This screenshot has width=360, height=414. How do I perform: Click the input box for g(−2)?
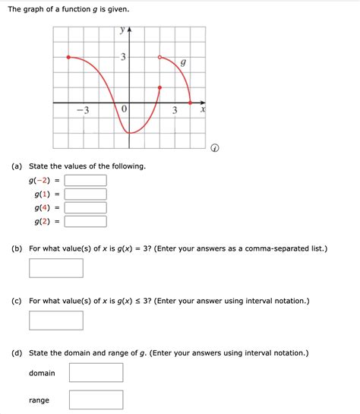[85, 180]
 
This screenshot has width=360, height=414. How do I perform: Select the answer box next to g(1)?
[85, 194]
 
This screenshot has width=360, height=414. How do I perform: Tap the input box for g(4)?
[85, 207]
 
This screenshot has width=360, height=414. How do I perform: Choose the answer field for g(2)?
[85, 221]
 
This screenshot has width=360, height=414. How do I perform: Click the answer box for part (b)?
[56, 268]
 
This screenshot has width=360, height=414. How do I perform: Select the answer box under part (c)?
[56, 320]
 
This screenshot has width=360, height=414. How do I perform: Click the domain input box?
[96, 372]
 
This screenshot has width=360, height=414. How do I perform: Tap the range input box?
[96, 400]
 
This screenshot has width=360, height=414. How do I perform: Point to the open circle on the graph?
[159, 57]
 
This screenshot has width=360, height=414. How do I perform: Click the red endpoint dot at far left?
[68, 57]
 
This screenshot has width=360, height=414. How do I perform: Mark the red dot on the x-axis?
[189, 103]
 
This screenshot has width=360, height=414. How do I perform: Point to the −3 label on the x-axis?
[82, 111]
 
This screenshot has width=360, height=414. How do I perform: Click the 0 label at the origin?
[123, 111]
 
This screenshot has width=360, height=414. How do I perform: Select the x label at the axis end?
[203, 111]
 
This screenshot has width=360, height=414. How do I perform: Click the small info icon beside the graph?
[215, 148]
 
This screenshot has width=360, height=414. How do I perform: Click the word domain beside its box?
[42, 373]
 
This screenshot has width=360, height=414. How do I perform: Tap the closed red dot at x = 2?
[159, 87]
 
